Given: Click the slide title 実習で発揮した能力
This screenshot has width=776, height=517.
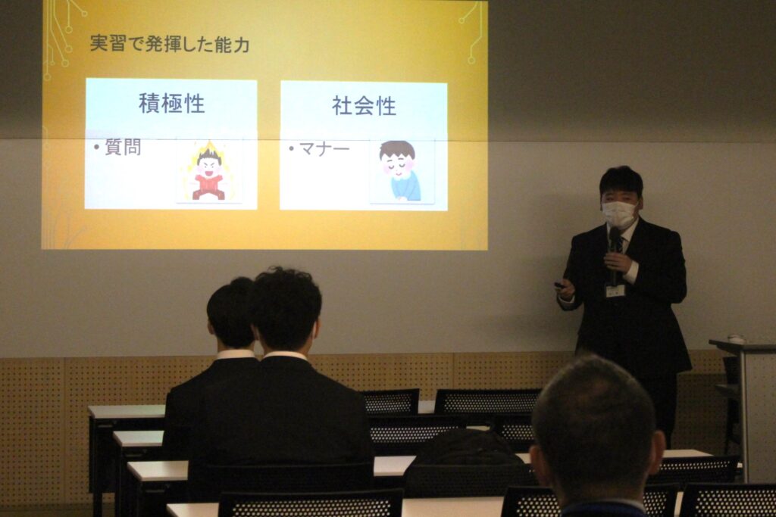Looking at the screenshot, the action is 169,45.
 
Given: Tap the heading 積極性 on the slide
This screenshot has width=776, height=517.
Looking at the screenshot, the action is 172,104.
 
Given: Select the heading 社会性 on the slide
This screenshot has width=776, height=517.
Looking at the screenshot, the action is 365,106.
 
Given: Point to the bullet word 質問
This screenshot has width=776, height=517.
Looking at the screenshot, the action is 123,148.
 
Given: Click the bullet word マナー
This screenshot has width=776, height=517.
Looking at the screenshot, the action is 324,149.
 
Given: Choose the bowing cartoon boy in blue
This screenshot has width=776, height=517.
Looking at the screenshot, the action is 399,170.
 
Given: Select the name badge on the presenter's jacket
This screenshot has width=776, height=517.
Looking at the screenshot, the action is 615,290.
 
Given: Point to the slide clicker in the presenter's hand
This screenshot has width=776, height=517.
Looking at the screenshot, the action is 559,285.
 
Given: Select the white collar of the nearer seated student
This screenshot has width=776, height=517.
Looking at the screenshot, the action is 286,355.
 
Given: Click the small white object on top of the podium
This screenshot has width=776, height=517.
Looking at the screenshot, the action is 736,338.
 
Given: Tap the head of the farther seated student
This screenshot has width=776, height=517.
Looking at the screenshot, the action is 230,313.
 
